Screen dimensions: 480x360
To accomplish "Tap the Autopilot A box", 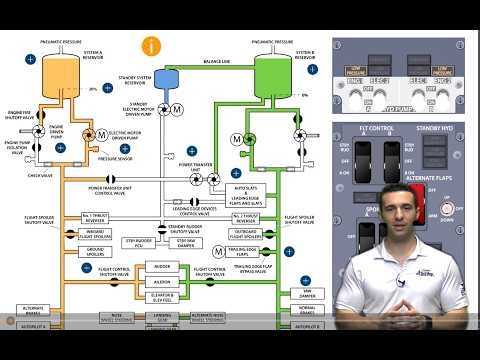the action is tap(20, 353).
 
